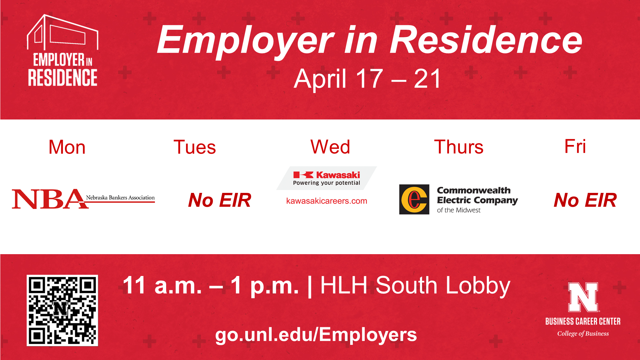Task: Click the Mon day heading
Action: tap(67, 147)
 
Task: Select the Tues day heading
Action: tap(195, 147)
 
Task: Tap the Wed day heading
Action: tap(330, 147)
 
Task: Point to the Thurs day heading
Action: tap(459, 147)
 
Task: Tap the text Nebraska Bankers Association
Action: tap(120, 197)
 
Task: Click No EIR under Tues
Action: tap(220, 200)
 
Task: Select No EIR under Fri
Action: tap(585, 200)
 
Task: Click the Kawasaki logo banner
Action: tap(327, 178)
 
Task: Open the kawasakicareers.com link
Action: tap(327, 201)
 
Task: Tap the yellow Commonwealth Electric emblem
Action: tap(414, 199)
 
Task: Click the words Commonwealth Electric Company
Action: tap(477, 196)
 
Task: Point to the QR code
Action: tap(62, 310)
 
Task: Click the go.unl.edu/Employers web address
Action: tap(316, 335)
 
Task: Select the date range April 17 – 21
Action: tap(367, 79)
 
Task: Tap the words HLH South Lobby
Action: tap(415, 286)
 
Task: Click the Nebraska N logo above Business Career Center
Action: tap(583, 297)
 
